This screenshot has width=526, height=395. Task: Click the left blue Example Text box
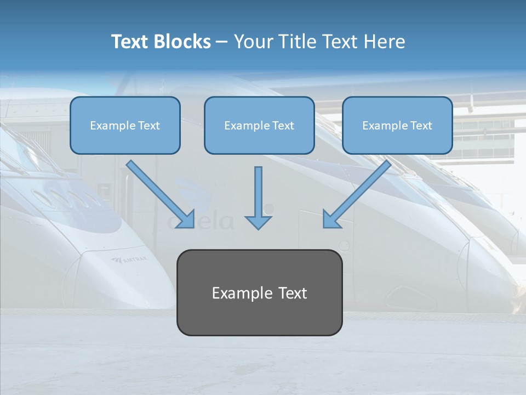point(125,126)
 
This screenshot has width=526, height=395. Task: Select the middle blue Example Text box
point(259,126)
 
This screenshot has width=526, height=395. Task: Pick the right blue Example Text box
point(397,126)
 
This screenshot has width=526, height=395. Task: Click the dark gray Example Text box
point(259,292)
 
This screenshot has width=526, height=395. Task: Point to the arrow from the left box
point(161,194)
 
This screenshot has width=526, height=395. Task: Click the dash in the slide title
point(222,42)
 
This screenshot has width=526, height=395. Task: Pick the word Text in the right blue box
point(421,126)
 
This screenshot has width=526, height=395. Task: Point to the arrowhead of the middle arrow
point(258,222)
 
